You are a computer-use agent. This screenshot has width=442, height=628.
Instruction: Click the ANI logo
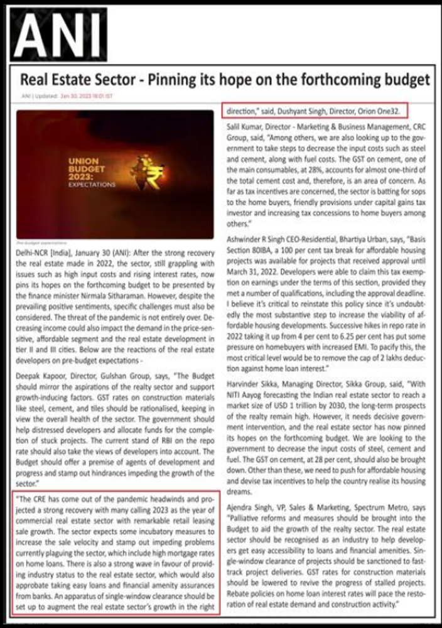click(x=60, y=33)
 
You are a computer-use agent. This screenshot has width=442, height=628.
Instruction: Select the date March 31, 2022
click(x=247, y=271)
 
